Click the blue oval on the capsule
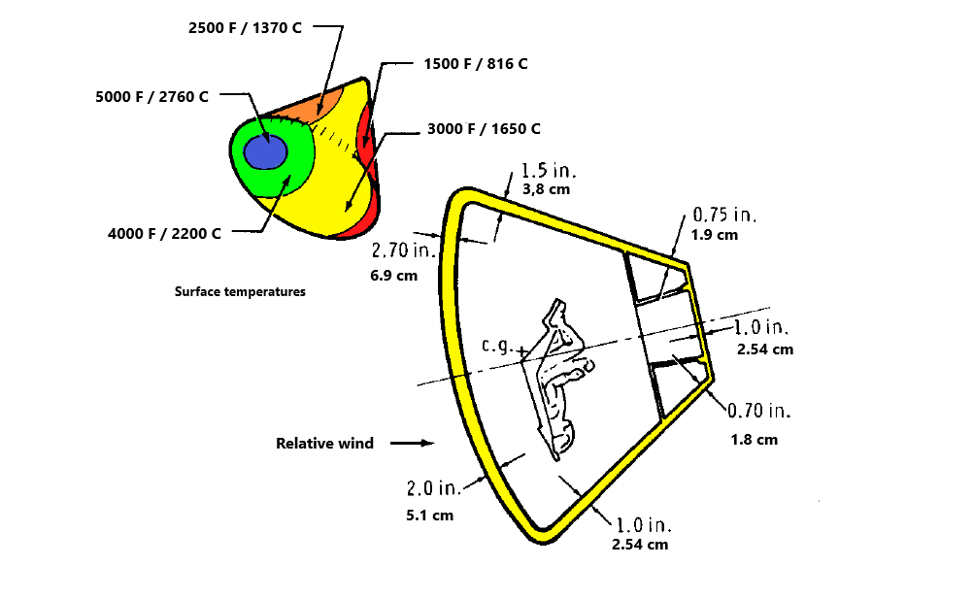click(264, 152)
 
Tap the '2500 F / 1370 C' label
click(245, 27)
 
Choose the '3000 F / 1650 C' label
click(483, 129)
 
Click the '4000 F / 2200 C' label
click(165, 233)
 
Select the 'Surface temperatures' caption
click(240, 291)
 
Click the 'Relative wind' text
click(324, 444)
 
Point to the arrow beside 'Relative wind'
click(414, 444)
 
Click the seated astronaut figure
click(558, 379)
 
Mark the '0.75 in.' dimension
click(724, 216)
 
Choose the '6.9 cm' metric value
click(394, 275)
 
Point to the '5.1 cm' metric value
click(429, 515)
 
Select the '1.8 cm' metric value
click(755, 439)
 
